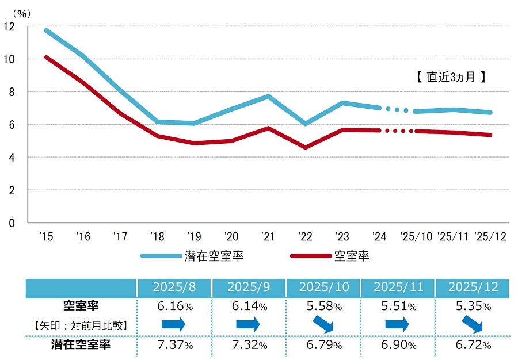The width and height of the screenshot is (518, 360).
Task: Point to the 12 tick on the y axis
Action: pos(10,26)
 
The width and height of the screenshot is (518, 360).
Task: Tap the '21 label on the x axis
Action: pos(268,236)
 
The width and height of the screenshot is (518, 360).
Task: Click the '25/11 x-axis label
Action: pos(453,236)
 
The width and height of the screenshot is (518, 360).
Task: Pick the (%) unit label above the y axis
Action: pos(20,13)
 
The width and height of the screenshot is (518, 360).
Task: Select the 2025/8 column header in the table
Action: pos(174,287)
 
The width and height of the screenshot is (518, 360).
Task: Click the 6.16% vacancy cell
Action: pos(174,307)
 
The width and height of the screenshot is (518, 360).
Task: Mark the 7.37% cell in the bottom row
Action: pos(174,345)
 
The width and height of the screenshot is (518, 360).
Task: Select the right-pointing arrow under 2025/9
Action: pos(249,325)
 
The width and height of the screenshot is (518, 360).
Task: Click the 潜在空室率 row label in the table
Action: pos(81,345)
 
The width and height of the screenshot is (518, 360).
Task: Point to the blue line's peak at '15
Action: pos(46,30)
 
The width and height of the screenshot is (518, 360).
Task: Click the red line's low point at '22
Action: pos(305,148)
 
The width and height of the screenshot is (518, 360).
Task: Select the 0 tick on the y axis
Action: pos(12,223)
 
